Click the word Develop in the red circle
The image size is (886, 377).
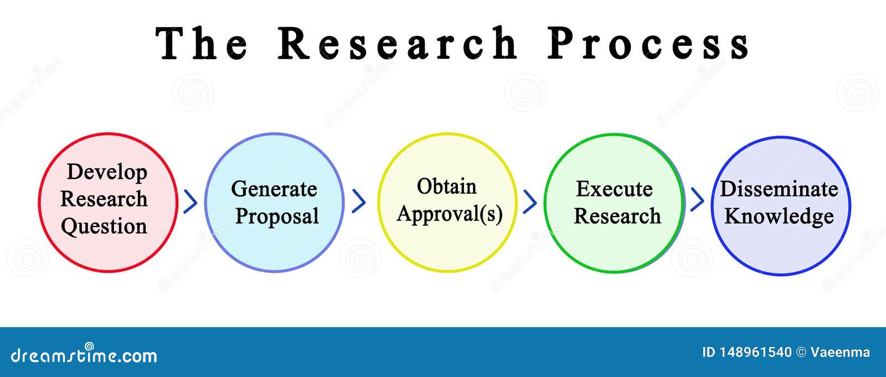click(x=107, y=173)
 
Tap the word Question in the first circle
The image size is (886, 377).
click(x=104, y=226)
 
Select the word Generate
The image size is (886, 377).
click(x=274, y=189)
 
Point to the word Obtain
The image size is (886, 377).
click(x=446, y=187)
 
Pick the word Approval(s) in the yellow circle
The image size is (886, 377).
click(x=450, y=214)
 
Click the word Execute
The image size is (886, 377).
click(x=614, y=189)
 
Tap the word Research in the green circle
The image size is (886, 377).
click(x=617, y=216)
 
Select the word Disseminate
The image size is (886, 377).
click(x=779, y=189)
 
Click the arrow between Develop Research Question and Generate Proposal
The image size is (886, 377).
click(x=190, y=202)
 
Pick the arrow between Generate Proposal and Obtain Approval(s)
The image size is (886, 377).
click(x=359, y=201)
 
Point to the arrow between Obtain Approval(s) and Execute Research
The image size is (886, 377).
click(x=530, y=202)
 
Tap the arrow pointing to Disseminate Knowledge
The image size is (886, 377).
click(x=697, y=199)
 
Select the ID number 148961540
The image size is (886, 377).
click(x=755, y=352)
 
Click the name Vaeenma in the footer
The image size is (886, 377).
click(x=840, y=352)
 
